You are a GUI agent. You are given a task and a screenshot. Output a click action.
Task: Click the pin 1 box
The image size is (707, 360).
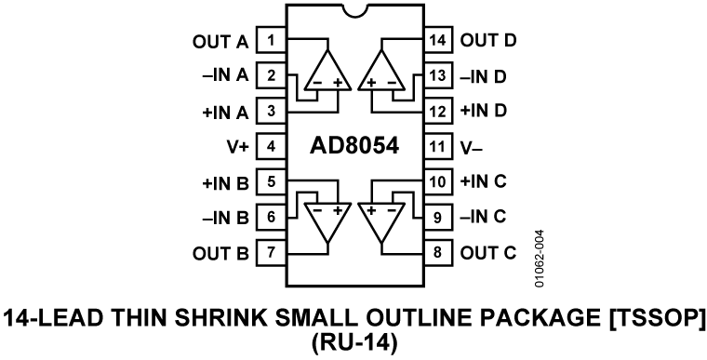pos(271,40)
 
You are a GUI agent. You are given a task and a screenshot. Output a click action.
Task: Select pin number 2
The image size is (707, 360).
pos(271,75)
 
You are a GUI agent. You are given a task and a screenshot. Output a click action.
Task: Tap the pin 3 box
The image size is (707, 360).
pos(271,111)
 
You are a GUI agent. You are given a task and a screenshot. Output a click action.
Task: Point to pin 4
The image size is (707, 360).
pos(271,146)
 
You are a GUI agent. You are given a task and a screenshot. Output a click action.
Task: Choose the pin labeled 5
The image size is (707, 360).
pos(271,181)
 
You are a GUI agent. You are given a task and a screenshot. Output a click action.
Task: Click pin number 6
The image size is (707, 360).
pos(271,217)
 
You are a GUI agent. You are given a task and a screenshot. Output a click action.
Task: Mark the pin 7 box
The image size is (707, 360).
pos(271,252)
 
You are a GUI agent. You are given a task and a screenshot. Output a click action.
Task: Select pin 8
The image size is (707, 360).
pos(437,252)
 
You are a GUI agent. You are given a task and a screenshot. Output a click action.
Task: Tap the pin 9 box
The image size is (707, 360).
pos(437,217)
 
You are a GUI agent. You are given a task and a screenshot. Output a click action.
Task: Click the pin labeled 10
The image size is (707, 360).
pos(437,181)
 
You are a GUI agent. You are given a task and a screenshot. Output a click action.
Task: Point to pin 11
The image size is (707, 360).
pos(437,146)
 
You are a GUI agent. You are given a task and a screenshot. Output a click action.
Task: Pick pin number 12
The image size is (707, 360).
pos(437,111)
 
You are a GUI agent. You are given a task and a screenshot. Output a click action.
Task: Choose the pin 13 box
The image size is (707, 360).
pos(437,75)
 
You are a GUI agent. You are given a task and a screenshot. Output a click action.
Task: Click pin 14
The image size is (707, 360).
pos(437,40)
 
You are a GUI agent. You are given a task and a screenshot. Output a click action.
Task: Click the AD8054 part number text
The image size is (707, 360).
pos(353,147)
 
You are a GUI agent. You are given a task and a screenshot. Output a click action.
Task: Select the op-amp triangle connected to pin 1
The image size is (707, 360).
pos(327,73)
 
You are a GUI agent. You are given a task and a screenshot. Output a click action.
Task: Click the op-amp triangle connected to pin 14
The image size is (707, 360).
pos(381,73)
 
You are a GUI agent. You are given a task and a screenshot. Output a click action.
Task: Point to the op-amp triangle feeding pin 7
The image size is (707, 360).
pos(327,220)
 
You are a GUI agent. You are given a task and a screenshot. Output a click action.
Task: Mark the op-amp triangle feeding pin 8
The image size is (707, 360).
pos(381,220)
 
